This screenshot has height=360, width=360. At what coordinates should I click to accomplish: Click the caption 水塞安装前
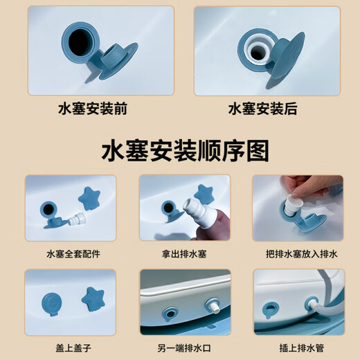93,109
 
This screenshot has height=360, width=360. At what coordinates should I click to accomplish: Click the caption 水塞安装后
262,109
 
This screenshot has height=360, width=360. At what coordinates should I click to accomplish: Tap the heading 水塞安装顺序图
185,151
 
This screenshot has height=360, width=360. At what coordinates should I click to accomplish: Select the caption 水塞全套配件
73,254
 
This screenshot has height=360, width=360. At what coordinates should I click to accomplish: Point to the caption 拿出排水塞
184,254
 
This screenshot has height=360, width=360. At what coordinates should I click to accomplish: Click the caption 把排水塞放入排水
302,254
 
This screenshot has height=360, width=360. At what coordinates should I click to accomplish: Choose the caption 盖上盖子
73,348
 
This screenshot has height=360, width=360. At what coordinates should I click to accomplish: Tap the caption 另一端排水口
184,348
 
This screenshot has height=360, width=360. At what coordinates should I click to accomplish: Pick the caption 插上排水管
302,348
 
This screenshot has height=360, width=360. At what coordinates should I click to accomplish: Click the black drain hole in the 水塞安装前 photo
79,42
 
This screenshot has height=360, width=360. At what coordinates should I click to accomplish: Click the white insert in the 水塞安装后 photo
258,51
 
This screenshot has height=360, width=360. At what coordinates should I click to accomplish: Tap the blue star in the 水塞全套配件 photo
89,198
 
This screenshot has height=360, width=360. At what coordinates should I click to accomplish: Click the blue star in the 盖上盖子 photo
93,298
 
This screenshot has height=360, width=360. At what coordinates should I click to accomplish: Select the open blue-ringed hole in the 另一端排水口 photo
171,314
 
